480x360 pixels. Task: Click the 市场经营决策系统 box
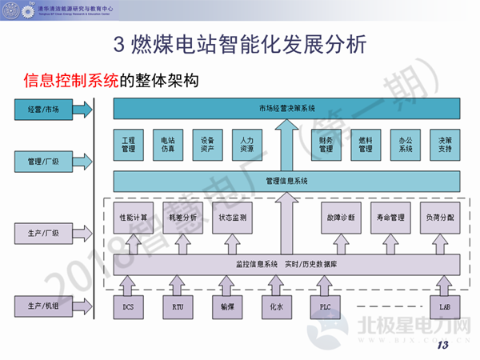[287, 108]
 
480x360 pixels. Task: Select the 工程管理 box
[128, 143]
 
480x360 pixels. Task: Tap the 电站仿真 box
[167, 143]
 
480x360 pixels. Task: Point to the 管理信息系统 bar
[286, 181]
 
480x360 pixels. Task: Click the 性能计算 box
[132, 217]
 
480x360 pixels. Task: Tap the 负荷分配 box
[438, 217]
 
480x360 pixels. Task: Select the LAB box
[445, 306]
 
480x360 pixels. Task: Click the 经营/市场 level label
[43, 108]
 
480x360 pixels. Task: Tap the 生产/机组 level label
[43, 306]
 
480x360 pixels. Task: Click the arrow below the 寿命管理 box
[390, 243]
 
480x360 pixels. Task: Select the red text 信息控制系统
[71, 81]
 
